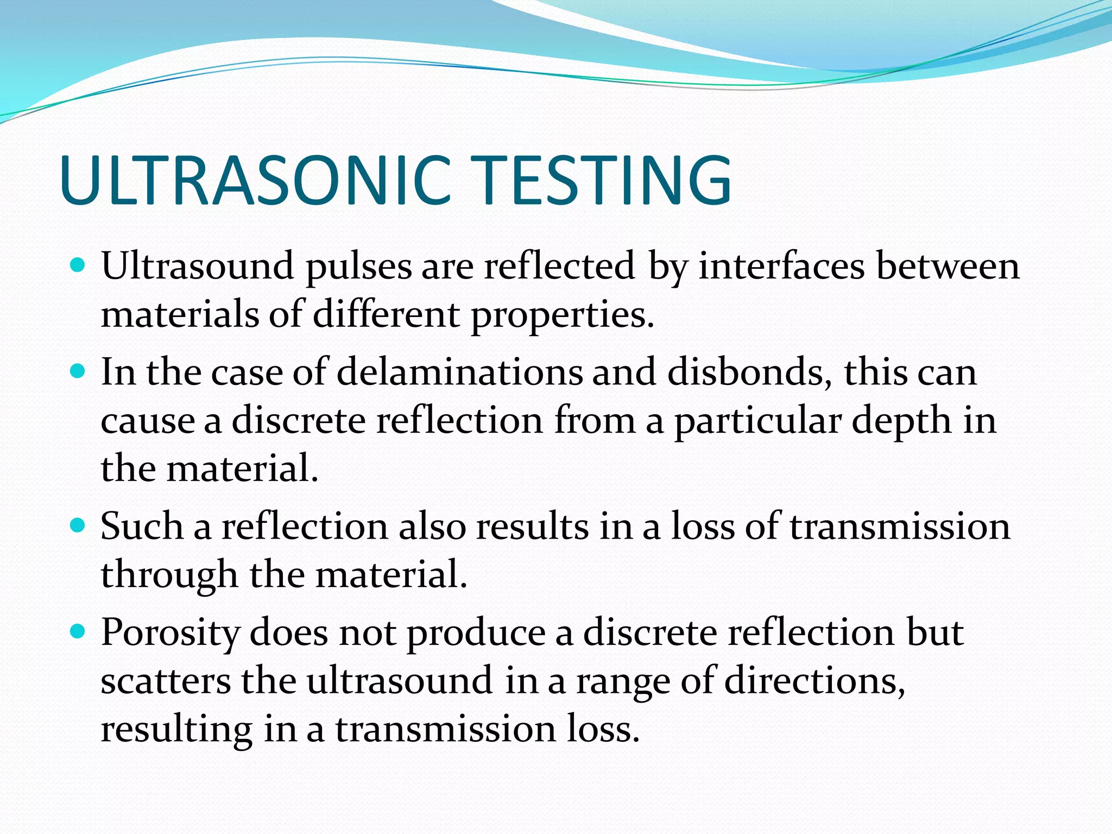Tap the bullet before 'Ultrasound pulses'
click(79, 266)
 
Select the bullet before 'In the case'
click(79, 372)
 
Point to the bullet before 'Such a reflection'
click(79, 526)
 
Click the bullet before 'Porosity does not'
click(79, 631)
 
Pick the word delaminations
click(459, 372)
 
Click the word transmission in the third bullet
click(899, 527)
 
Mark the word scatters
click(166, 681)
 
